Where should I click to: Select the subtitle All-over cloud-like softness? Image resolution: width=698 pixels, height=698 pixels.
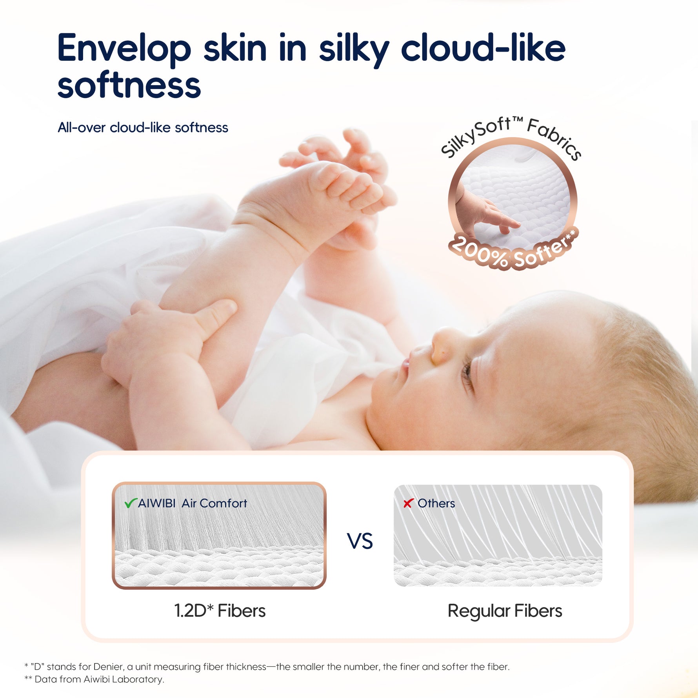coord(143,127)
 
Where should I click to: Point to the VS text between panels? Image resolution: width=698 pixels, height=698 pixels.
coord(360,542)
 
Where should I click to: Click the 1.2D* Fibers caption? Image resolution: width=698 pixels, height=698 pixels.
coord(220,611)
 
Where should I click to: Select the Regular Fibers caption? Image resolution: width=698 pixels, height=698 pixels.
coord(505,611)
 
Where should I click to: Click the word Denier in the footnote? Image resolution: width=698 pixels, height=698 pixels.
coord(107,666)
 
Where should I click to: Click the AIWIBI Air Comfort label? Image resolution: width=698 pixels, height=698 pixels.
coord(193,503)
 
